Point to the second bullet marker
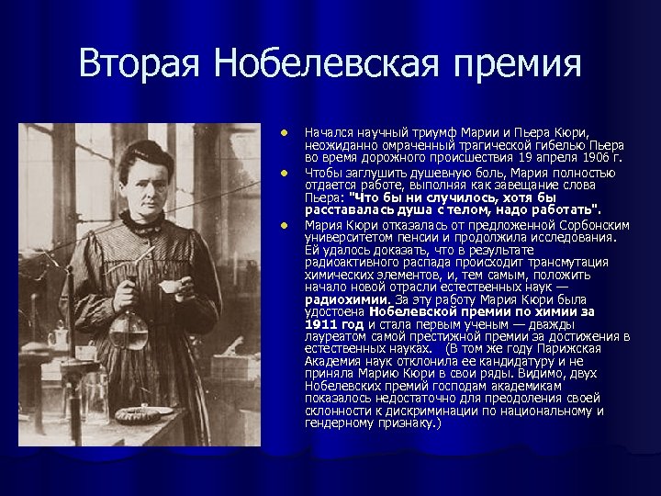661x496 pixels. click(x=286, y=172)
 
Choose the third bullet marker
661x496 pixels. click(x=286, y=224)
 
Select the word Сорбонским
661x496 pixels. click(x=583, y=224)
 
